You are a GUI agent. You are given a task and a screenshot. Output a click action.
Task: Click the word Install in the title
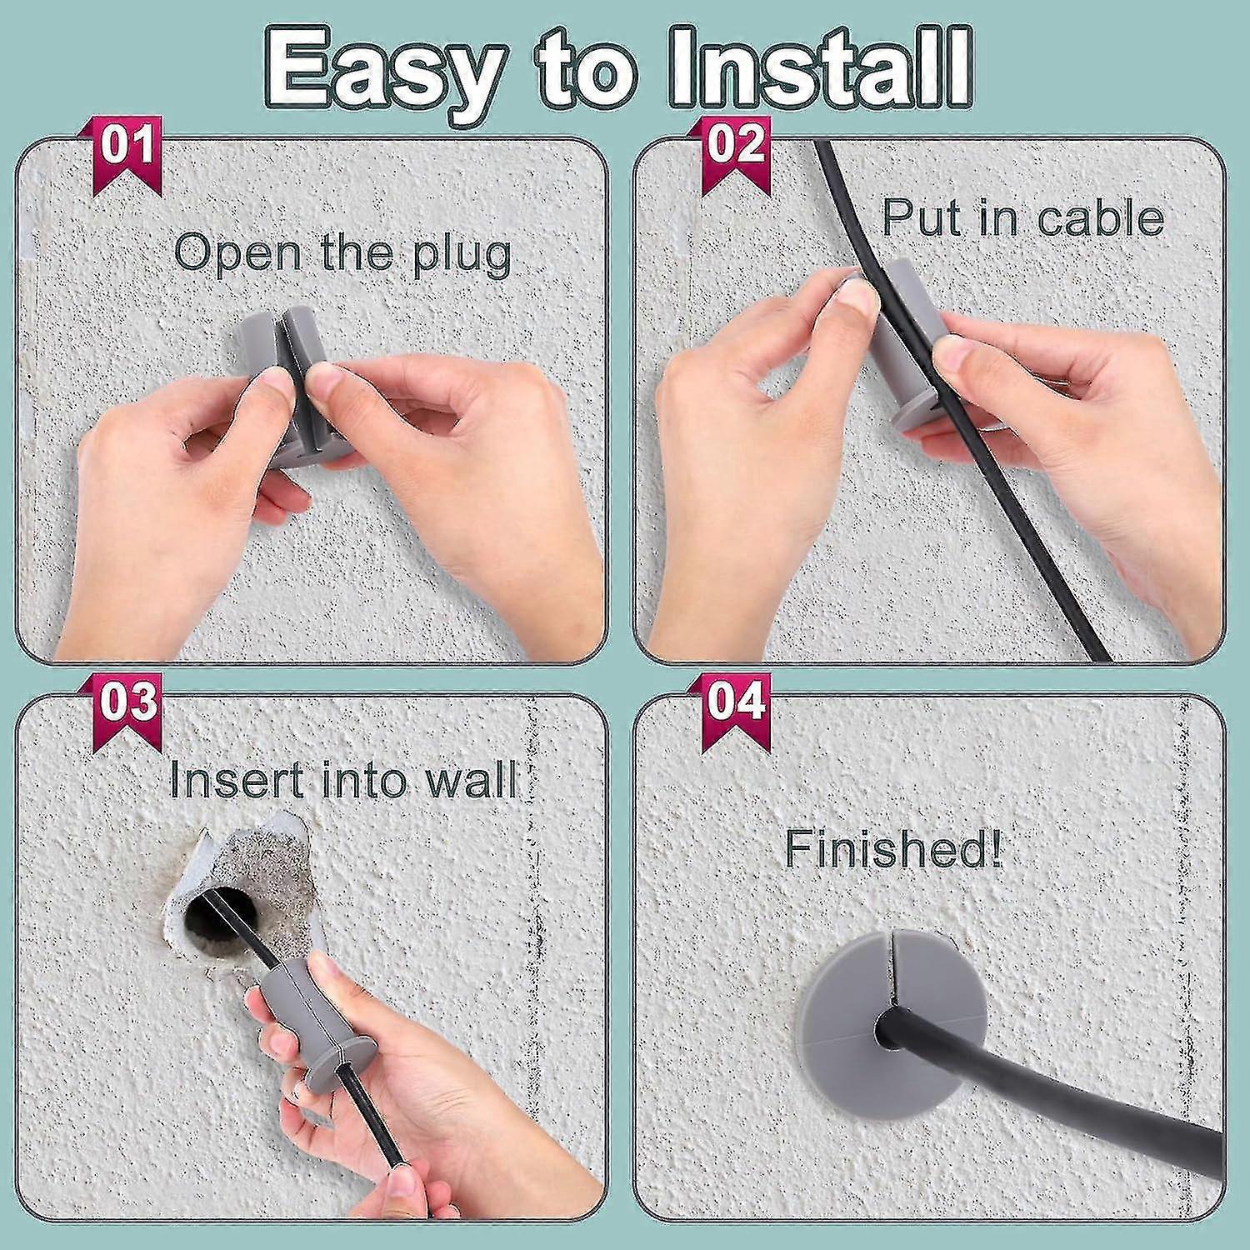[x=821, y=67]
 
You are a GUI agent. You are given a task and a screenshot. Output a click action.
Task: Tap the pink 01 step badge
[x=127, y=148]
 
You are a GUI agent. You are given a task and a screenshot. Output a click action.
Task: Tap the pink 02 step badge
[x=735, y=147]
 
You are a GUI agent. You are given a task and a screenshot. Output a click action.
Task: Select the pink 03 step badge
[x=127, y=702]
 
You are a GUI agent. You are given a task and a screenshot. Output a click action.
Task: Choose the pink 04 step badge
[x=735, y=702]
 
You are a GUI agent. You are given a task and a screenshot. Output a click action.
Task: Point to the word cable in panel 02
[x=1100, y=218]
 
